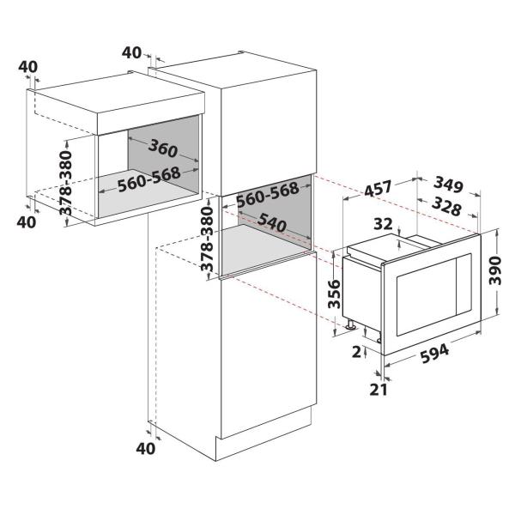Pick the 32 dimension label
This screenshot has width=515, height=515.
[384, 224]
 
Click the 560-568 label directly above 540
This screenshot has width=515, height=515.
[267, 194]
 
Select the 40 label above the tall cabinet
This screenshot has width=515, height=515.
[131, 53]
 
